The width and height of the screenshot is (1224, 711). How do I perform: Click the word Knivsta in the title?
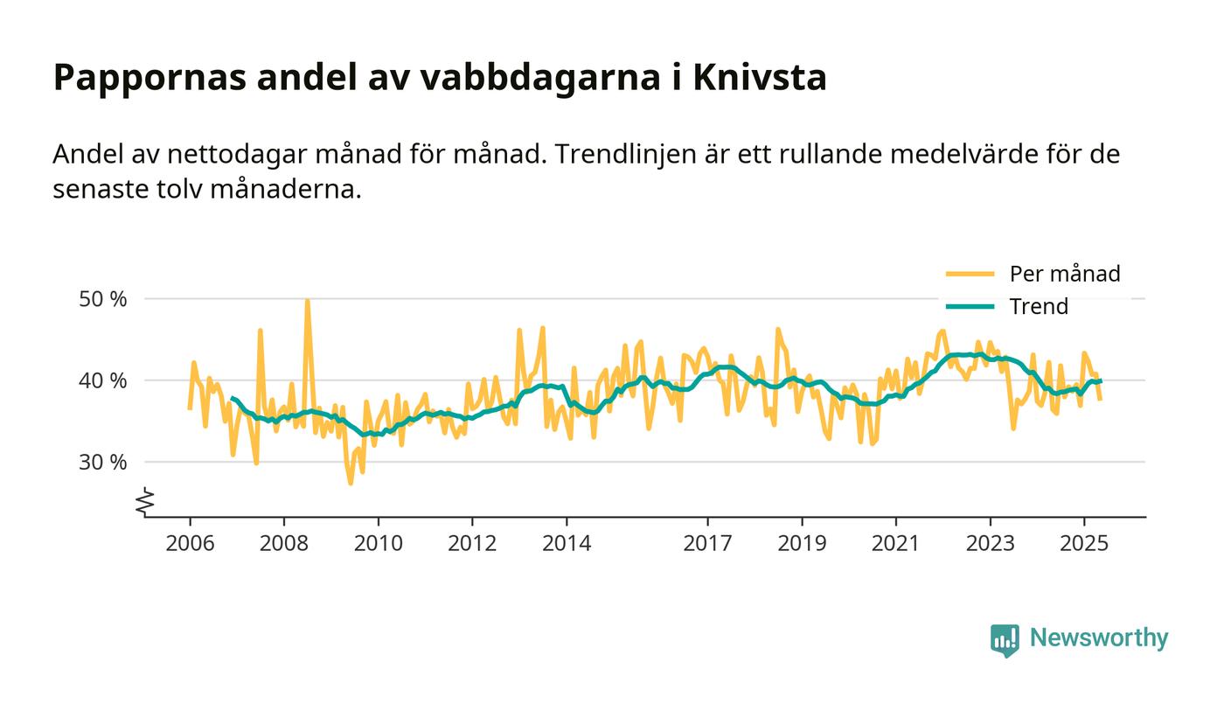click(x=759, y=78)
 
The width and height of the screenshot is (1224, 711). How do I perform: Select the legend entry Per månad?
click(x=1064, y=274)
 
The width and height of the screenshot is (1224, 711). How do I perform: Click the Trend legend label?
click(x=1039, y=306)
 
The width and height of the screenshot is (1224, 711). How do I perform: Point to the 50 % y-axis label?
click(x=103, y=299)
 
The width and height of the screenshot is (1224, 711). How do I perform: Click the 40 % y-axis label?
click(x=103, y=380)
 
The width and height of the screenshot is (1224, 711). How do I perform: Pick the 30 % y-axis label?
click(x=103, y=462)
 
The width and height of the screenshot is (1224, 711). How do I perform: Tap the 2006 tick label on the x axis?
click(x=190, y=544)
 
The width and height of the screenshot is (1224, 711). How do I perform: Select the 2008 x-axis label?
click(x=284, y=544)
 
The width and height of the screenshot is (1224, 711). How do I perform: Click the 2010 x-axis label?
click(x=378, y=544)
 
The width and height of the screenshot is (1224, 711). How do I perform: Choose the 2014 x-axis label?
click(x=567, y=544)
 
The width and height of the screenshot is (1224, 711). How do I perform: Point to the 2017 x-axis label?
click(x=707, y=544)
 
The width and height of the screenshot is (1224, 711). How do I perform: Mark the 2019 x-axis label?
click(x=802, y=544)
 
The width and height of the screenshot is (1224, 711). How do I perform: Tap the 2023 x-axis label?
click(x=990, y=544)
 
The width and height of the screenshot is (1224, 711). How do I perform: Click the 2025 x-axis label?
click(x=1084, y=544)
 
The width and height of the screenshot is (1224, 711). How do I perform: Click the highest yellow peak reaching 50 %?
click(x=307, y=302)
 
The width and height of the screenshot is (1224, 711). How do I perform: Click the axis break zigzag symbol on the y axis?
click(x=146, y=501)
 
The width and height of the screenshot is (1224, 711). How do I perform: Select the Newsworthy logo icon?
click(x=1005, y=639)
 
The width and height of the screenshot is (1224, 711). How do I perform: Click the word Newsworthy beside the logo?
click(x=1098, y=638)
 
